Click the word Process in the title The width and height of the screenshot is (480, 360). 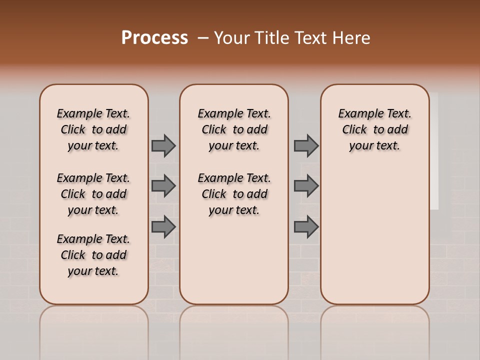pos(154,38)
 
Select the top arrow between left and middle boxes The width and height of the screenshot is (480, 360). pos(163,145)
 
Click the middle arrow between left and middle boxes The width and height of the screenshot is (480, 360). pos(163,186)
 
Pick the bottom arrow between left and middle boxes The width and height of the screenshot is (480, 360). pos(163,227)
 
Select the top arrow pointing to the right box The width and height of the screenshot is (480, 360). pos(306,145)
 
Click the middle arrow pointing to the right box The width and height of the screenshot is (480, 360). pos(306,186)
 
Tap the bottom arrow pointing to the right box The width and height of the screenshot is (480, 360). pos(306,227)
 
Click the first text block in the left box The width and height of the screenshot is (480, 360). pos(93,129)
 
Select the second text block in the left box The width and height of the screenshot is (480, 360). pos(93,194)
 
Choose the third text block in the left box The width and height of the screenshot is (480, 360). pos(93,255)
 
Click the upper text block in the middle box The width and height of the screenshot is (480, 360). pos(234,129)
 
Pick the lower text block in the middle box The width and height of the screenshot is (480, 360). pos(234,194)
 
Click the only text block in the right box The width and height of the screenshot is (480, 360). pos(374,129)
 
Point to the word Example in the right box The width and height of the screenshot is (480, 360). pos(355,114)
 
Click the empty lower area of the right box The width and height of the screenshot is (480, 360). pos(374,240)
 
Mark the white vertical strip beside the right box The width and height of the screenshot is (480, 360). pos(434,150)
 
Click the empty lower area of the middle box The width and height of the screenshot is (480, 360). pos(234,260)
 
